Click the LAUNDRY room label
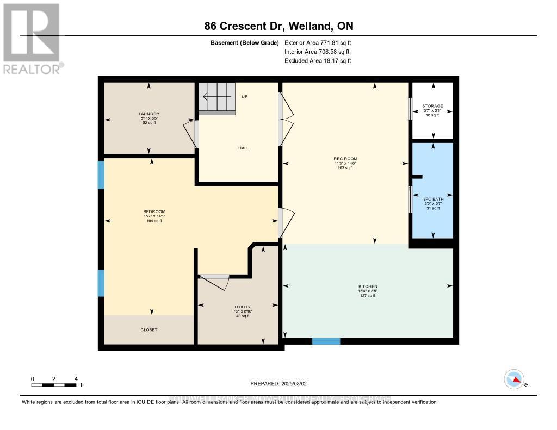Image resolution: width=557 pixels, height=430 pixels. [148, 114]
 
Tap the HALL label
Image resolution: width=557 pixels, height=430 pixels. [243, 148]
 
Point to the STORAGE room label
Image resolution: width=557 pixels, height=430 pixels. [433, 106]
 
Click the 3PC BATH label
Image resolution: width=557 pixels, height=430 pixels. [434, 199]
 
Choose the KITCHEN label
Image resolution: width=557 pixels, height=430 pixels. [368, 286]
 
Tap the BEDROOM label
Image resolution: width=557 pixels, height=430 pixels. [154, 211]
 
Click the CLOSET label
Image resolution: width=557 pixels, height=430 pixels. [148, 329]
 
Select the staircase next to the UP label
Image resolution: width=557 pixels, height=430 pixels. [217, 98]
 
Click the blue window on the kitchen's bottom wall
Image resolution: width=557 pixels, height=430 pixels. [326, 341]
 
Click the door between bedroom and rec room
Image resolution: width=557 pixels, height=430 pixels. [286, 223]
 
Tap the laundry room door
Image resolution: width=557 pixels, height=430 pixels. [191, 134]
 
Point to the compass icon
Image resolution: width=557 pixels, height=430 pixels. [514, 379]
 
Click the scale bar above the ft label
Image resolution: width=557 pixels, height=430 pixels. [54, 385]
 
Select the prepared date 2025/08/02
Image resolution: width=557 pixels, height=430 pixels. [278, 384]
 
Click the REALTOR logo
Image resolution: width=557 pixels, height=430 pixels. [32, 38]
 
